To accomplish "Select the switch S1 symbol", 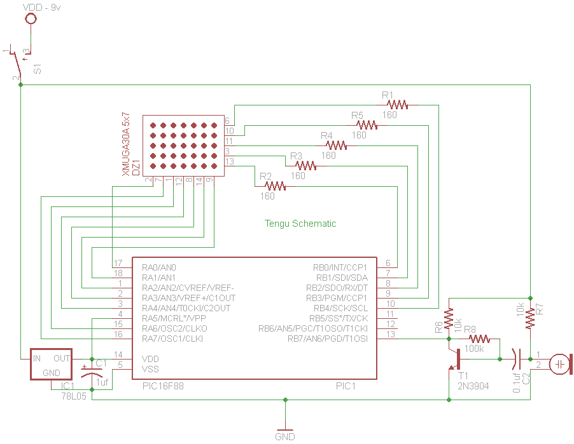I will click(x=19, y=64).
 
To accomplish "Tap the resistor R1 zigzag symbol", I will click(x=397, y=104).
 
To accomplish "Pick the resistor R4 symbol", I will click(x=335, y=145).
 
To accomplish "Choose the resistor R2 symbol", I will click(x=275, y=186).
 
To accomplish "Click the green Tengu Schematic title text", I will click(x=300, y=224).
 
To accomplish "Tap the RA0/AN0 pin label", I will click(x=159, y=267).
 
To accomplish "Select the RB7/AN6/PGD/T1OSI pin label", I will click(x=328, y=339).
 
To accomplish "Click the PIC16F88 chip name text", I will click(x=162, y=386).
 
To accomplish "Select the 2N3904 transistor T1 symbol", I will click(x=454, y=359).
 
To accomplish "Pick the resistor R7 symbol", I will click(x=529, y=318).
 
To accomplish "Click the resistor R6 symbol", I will click(x=449, y=318).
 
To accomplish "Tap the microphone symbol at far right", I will click(x=560, y=364).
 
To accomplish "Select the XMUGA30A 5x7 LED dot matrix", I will click(x=183, y=145).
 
